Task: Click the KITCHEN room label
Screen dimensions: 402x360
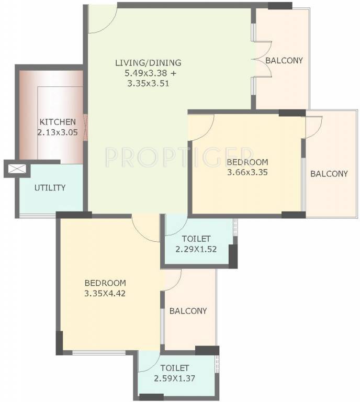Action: coord(58,122)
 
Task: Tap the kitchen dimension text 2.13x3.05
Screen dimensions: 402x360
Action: coord(58,132)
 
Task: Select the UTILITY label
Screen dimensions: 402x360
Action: coord(50,187)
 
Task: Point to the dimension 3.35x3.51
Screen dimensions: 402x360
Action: coord(148,83)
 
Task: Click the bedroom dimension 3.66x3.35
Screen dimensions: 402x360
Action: coord(248,172)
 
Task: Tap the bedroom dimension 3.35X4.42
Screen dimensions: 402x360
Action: coord(105,293)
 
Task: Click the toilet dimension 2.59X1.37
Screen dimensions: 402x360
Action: coord(175,378)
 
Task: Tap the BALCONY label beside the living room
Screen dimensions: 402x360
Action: coord(284,60)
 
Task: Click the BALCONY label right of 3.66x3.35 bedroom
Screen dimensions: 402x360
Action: coord(329,174)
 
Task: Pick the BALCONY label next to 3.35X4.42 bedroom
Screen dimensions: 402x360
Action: coord(188,311)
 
